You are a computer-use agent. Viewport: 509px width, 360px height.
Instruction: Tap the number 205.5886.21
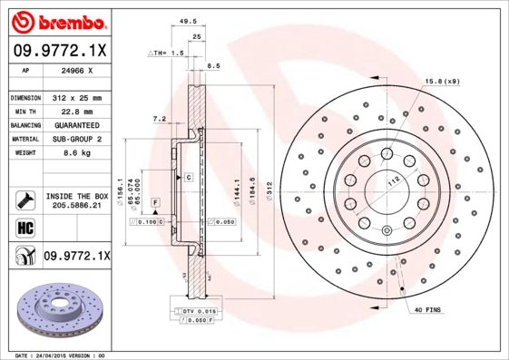(x=75, y=207)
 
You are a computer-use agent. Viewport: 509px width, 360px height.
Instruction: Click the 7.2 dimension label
(x=160, y=119)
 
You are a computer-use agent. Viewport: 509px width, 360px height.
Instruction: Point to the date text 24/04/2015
(x=62, y=355)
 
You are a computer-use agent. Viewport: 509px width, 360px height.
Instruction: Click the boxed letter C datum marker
(x=189, y=176)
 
